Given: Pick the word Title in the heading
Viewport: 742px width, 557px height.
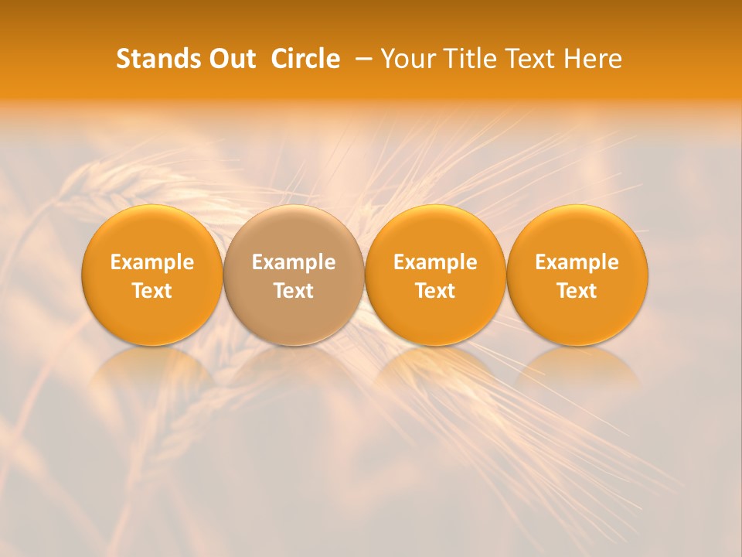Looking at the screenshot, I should pyautogui.click(x=467, y=59).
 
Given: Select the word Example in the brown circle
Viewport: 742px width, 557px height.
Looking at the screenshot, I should pyautogui.click(x=294, y=262).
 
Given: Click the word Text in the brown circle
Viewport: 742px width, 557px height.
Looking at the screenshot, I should pyautogui.click(x=294, y=291).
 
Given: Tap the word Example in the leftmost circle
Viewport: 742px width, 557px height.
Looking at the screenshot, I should pyautogui.click(x=152, y=262).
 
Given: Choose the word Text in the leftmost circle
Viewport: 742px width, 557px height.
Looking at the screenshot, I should pyautogui.click(x=152, y=291).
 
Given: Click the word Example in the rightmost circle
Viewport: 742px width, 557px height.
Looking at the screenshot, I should pyautogui.click(x=577, y=262).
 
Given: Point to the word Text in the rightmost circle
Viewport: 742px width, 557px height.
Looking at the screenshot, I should pyautogui.click(x=577, y=291).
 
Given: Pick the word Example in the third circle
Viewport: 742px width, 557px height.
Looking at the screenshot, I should pyautogui.click(x=435, y=262).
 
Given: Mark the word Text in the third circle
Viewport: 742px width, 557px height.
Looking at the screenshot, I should pyautogui.click(x=435, y=291).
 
